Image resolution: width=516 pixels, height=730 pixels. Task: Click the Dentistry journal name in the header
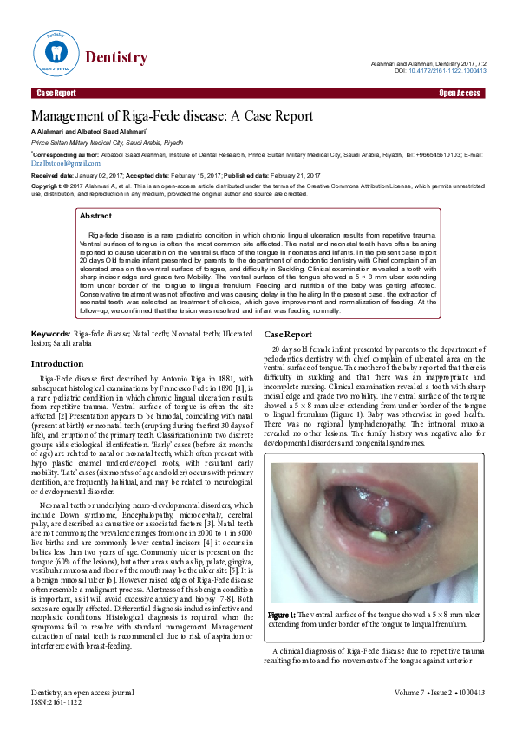[115, 57]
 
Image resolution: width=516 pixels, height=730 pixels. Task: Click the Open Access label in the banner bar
[460, 93]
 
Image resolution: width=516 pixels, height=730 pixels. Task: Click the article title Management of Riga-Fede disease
[172, 116]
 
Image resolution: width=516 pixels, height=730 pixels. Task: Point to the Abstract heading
[95, 216]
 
